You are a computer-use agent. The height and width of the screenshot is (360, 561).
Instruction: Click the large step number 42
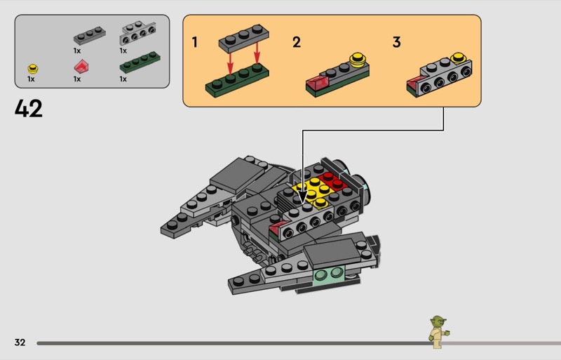pyautogui.click(x=29, y=109)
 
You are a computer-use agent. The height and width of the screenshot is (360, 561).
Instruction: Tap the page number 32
pyautogui.click(x=20, y=342)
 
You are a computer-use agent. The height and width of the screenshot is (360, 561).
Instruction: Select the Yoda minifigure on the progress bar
pyautogui.click(x=438, y=332)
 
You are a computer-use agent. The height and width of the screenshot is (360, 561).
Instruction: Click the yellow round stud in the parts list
pyautogui.click(x=32, y=69)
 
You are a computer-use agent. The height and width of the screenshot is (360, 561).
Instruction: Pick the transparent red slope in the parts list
pyautogui.click(x=81, y=66)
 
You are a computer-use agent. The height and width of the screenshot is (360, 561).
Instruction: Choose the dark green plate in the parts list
pyautogui.click(x=140, y=62)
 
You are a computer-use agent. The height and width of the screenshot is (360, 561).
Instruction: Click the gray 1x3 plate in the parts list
pyautogui.click(x=90, y=36)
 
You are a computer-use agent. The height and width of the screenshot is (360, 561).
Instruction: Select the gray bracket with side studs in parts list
pyautogui.click(x=137, y=33)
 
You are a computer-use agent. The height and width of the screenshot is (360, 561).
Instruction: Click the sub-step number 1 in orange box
pyautogui.click(x=195, y=42)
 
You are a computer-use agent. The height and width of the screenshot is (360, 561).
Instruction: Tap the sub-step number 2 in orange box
pyautogui.click(x=297, y=42)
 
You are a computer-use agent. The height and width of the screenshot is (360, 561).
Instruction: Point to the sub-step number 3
pyautogui.click(x=396, y=42)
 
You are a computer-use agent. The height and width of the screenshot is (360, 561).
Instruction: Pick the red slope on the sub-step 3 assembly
pyautogui.click(x=415, y=84)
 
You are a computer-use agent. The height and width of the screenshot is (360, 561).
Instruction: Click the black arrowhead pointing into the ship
pyautogui.click(x=302, y=198)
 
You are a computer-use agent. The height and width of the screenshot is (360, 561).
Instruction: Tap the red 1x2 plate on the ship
pyautogui.click(x=332, y=181)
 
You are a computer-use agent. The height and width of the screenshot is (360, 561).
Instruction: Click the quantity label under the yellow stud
pyautogui.click(x=31, y=79)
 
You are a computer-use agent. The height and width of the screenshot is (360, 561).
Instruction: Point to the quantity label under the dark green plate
pyautogui.click(x=123, y=79)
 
